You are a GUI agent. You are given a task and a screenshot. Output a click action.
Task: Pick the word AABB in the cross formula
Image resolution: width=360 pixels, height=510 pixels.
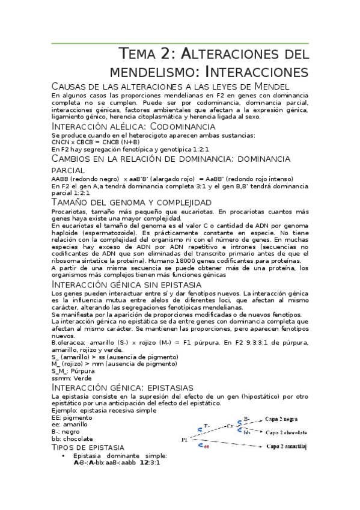pyautogui.click(x=61, y=179)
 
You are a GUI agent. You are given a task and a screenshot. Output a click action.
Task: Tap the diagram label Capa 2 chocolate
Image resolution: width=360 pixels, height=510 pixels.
pyautogui.click(x=286, y=432)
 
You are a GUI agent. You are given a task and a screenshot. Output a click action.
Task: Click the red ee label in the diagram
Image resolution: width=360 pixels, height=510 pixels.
pyautogui.click(x=206, y=447)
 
